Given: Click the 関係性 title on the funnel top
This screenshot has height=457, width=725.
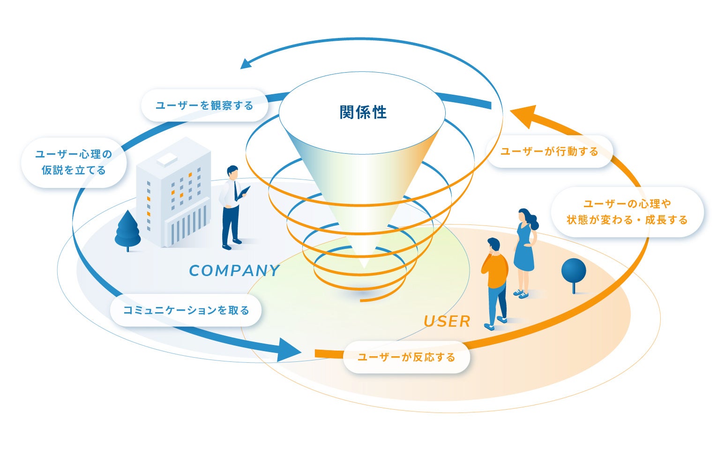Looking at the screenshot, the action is (x=363, y=112).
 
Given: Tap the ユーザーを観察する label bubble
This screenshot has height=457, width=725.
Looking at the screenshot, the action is (x=204, y=105).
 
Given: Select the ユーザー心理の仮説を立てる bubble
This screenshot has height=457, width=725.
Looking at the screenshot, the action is (x=74, y=162).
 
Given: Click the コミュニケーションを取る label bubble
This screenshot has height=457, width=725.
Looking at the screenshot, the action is (x=186, y=310).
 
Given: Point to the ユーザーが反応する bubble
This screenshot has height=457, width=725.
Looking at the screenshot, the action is (x=406, y=357).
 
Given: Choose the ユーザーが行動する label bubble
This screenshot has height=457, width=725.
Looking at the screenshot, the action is (x=549, y=151).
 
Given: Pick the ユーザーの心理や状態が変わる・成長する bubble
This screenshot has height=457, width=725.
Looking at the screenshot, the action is (x=627, y=212).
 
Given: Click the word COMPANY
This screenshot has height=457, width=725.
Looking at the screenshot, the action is (x=234, y=271).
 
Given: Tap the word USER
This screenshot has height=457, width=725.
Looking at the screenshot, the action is (x=447, y=322).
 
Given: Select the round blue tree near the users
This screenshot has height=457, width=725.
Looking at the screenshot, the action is (x=573, y=272).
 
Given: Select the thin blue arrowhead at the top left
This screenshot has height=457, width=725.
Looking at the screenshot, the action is (x=246, y=64).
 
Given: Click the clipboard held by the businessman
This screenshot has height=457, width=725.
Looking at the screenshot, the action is (x=244, y=193).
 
